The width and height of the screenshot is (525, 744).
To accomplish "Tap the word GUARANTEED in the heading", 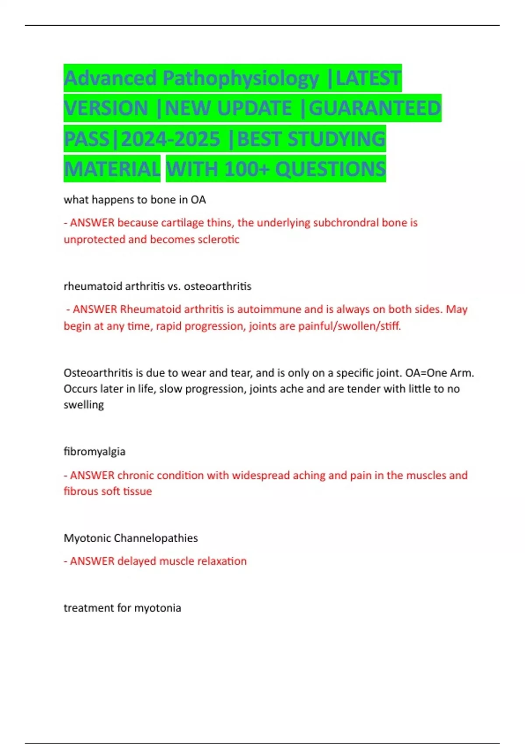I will click(375, 109).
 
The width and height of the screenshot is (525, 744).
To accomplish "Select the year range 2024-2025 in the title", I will click(171, 139).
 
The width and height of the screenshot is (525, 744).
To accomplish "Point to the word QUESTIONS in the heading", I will click(331, 169).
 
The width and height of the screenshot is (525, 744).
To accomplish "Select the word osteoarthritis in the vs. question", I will click(217, 286).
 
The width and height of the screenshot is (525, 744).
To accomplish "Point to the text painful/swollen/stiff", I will click(350, 326).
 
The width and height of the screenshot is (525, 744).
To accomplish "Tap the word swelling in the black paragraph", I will click(84, 405).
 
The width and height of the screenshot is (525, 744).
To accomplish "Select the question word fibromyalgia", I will click(94, 452).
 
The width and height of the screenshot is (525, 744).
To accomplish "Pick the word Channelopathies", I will click(155, 538).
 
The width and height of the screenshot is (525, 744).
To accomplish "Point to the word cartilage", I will click(182, 223).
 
